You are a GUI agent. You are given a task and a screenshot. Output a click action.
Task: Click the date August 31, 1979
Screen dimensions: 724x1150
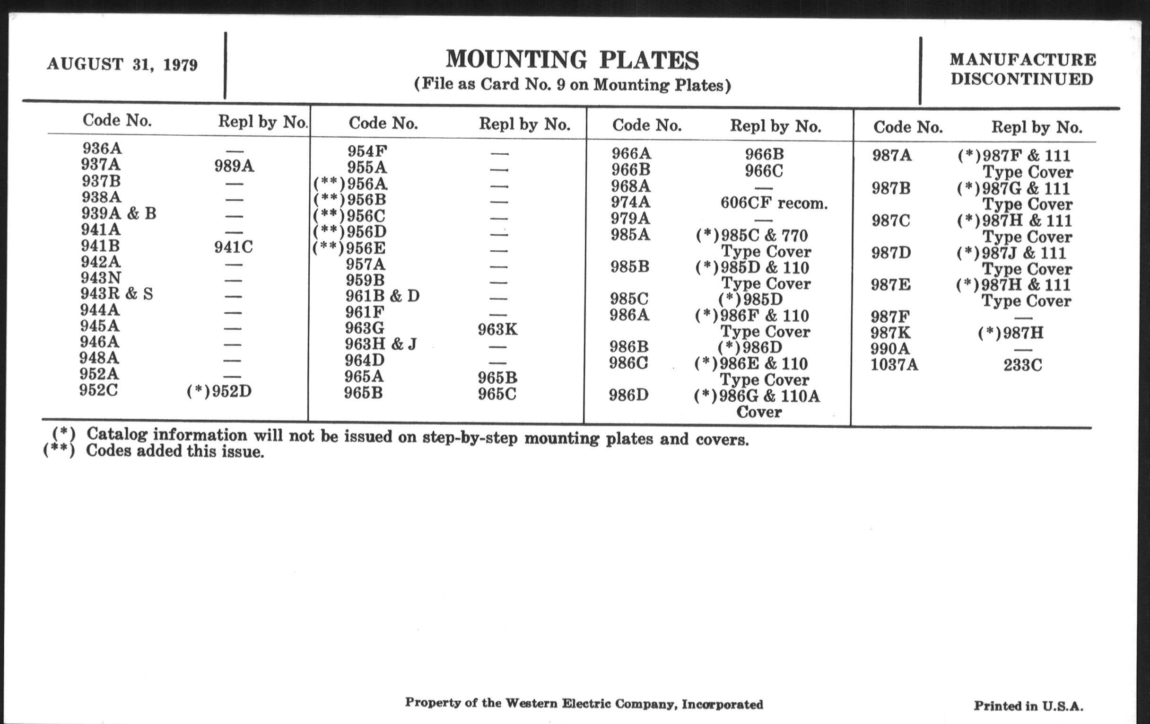tap(122, 64)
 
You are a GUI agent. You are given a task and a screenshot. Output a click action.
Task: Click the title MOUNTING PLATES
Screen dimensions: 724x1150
tap(572, 60)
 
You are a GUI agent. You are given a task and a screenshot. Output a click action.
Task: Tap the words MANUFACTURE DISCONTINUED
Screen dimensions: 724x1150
tap(1022, 69)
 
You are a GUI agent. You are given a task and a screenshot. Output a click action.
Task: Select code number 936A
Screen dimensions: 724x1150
tap(102, 149)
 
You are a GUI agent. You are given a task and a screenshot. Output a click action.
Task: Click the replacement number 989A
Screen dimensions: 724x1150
tap(234, 166)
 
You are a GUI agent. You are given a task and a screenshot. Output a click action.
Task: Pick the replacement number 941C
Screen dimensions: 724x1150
tap(234, 247)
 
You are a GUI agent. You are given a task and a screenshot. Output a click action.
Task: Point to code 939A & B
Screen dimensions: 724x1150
tap(118, 213)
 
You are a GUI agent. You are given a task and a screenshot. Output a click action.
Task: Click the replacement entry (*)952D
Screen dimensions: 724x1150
tap(219, 391)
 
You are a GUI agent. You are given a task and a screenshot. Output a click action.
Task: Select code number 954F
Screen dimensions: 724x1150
tap(367, 151)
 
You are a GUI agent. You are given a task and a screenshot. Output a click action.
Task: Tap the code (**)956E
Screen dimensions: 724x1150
tap(349, 248)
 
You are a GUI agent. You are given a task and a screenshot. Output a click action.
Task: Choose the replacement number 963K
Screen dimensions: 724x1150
tap(497, 330)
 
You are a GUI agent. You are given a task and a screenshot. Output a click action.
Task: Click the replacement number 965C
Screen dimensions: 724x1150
tap(497, 394)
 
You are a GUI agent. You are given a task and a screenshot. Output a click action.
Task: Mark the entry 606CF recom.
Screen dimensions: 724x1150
tap(774, 203)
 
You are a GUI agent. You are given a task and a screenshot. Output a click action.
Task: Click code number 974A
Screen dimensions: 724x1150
tap(630, 203)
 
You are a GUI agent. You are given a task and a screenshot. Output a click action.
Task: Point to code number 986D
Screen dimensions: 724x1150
tap(628, 396)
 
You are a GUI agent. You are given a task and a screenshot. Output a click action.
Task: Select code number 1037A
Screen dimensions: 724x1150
tap(894, 365)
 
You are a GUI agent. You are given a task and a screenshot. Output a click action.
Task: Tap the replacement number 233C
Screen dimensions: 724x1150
tap(1022, 366)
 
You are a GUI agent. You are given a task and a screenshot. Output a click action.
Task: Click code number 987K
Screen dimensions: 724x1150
tap(890, 333)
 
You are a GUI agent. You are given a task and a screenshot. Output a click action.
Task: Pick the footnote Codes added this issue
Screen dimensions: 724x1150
tap(175, 451)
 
